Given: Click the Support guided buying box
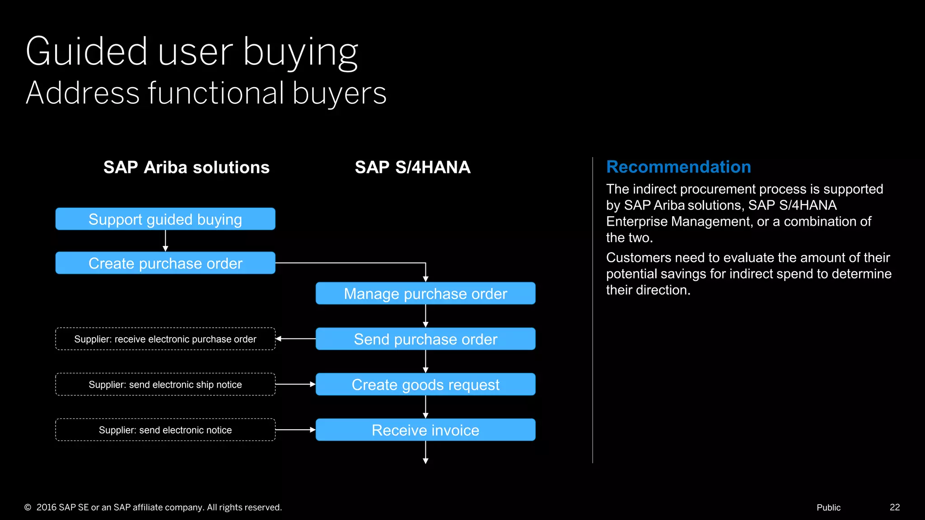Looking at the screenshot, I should point(165,219).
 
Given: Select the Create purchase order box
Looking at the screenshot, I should point(165,263).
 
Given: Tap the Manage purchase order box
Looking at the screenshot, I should point(425,294).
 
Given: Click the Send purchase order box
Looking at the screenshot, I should point(425,339).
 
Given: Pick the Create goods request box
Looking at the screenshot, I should point(425,385).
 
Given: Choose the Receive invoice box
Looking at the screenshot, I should point(425,430).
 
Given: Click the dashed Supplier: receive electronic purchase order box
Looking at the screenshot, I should point(165,339).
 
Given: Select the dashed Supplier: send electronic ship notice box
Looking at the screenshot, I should point(165,385).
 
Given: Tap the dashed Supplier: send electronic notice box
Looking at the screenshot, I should point(165,430).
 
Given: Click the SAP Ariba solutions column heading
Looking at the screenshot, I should point(186,167).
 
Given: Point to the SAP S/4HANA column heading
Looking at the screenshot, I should point(412,167).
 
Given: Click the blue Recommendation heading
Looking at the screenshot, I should point(678,167).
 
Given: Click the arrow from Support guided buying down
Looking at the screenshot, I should point(165,241).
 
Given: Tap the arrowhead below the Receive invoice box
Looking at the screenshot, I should point(425,460).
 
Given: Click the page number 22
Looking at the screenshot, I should point(895,507).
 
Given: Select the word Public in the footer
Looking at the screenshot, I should point(828,507).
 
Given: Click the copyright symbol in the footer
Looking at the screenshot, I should point(28,507).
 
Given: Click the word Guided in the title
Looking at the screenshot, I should point(86,51).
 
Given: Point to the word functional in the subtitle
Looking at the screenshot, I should point(216,93).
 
